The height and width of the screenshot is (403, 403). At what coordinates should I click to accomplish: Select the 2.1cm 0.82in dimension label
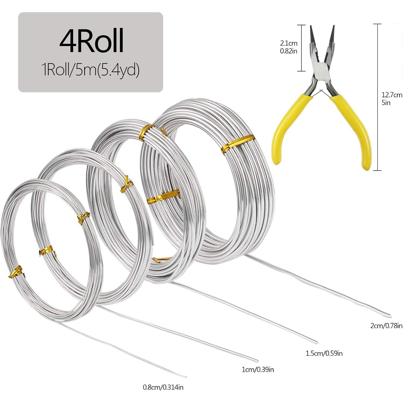point(289,47)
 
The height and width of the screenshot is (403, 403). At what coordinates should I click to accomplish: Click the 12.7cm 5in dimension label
point(392,99)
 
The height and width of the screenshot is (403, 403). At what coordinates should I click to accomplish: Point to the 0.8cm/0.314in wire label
point(163,387)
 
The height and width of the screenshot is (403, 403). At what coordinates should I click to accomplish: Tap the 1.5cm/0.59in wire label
point(324,353)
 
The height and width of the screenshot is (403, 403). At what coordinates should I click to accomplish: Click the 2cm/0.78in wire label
point(386,326)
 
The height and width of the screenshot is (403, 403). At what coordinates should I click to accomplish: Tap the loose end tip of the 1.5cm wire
point(316,343)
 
